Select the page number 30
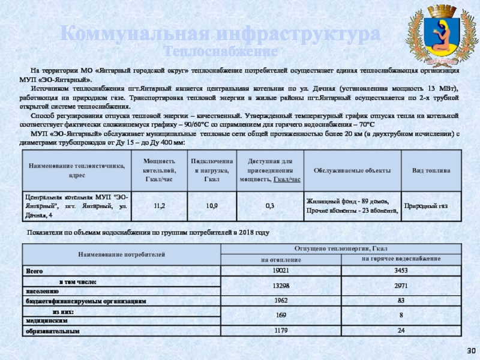(x=471, y=350)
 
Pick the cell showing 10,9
(x=212, y=206)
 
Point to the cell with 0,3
(x=270, y=206)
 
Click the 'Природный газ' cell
(x=426, y=206)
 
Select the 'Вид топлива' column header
(x=431, y=170)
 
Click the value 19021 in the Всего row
(x=280, y=271)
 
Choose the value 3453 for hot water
(x=401, y=271)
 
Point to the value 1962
(x=280, y=300)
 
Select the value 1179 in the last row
(x=280, y=330)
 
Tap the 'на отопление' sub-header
(x=280, y=259)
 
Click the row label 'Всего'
(x=34, y=271)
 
